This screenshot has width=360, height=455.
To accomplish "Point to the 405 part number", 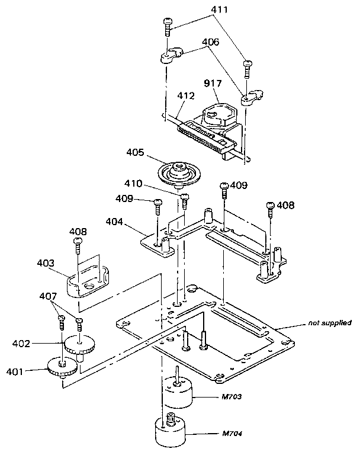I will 135,152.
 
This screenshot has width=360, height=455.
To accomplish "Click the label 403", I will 46,262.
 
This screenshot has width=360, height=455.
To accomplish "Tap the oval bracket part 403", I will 86,282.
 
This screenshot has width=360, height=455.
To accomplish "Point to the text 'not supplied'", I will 329,323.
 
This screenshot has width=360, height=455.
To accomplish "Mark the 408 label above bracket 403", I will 79,231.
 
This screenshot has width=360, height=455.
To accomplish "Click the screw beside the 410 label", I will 184,200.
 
